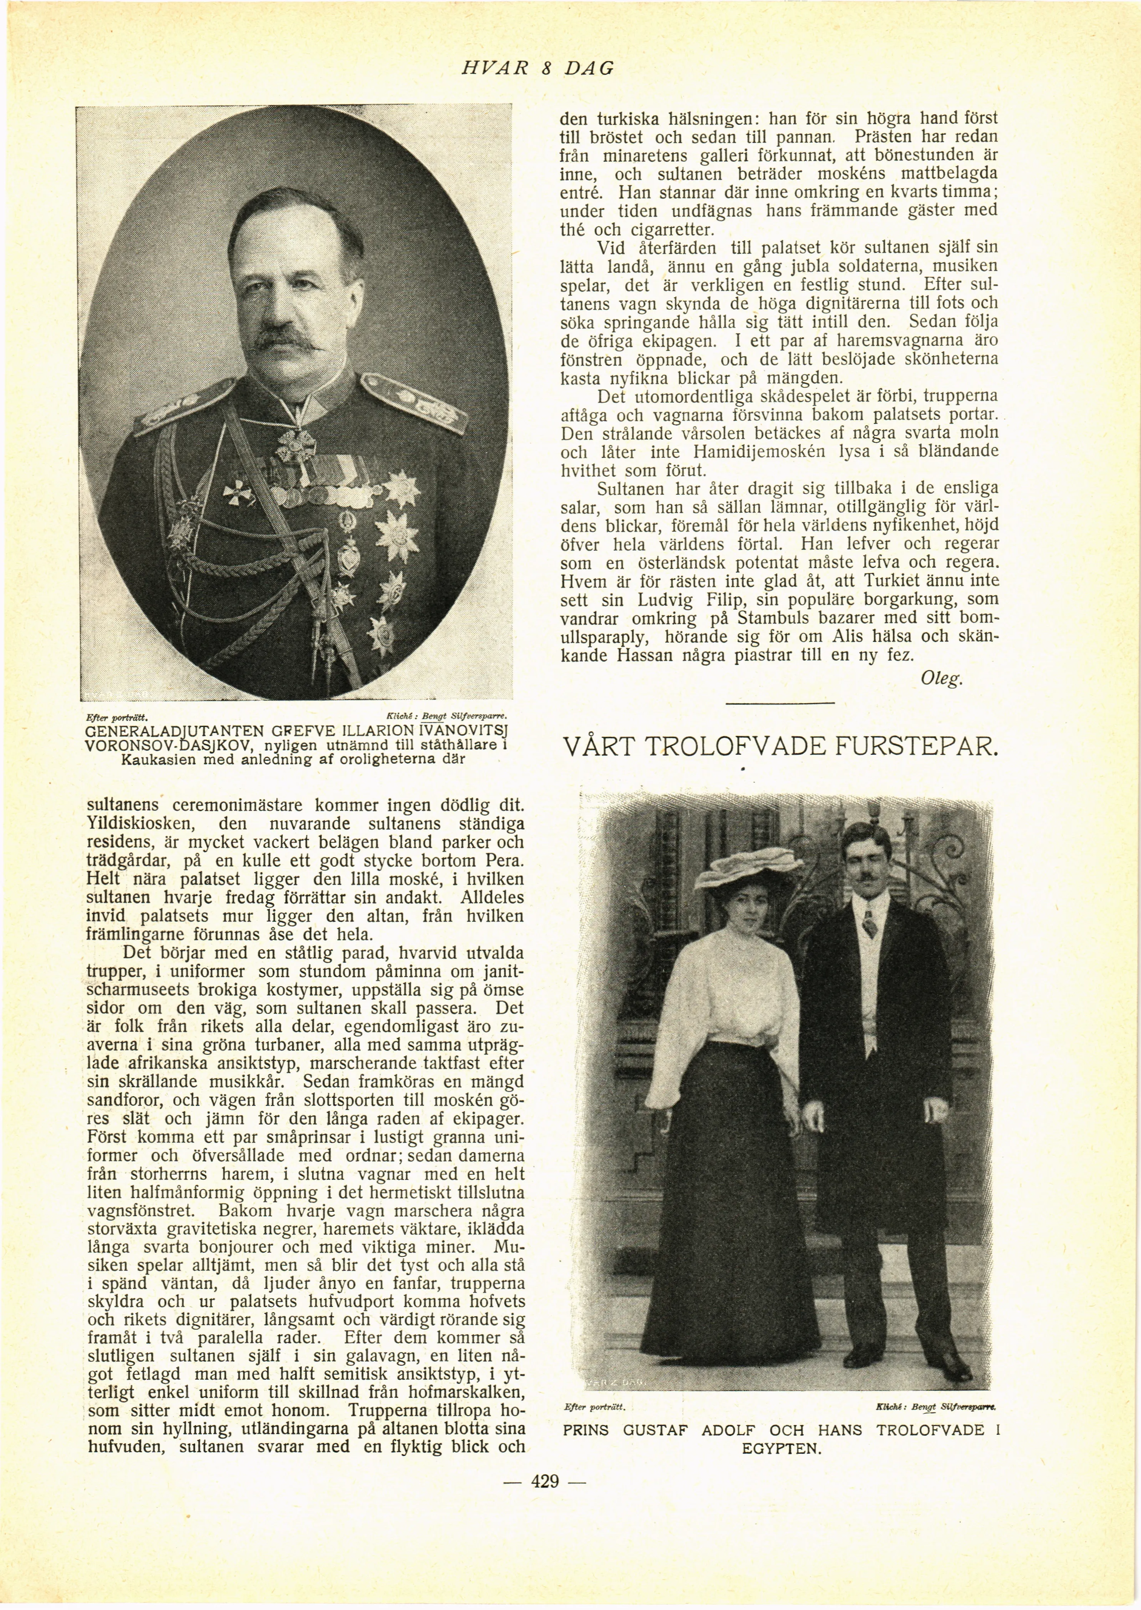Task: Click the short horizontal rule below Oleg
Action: pyautogui.click(x=780, y=703)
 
